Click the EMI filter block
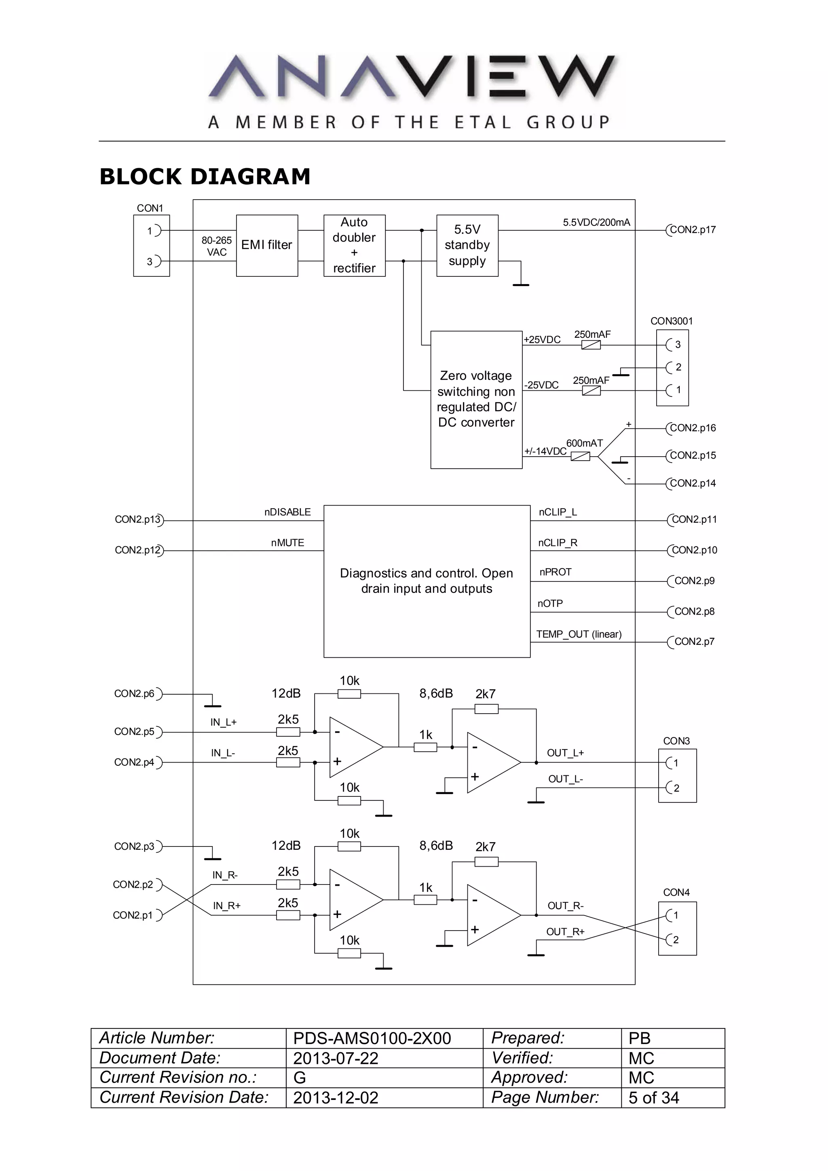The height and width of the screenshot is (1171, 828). pos(267,245)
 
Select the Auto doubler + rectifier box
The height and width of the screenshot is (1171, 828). pos(354,245)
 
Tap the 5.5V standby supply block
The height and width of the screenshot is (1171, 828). pos(467,245)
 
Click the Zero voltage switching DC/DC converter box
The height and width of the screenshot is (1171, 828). pos(476,399)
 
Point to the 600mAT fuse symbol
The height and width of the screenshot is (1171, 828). pos(580,457)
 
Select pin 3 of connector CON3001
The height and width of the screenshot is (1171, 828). pos(677,345)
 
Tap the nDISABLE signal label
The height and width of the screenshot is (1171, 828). pos(287,512)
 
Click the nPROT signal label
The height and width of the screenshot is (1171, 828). pos(555,572)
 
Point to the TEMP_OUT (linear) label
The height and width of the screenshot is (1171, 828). pos(579,634)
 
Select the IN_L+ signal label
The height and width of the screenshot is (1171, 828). pos(224,722)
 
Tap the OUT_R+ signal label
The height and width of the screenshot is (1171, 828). pos(565,931)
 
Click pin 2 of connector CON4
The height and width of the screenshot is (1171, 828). pos(676,939)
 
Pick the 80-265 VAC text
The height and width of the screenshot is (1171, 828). pos(216,246)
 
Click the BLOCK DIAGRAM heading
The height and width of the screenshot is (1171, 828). pos(205,177)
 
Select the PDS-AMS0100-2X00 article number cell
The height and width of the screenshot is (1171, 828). pos(372,1038)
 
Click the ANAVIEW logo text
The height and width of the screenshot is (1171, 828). pos(412,76)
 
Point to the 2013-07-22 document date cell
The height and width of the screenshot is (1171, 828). pos(336,1058)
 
